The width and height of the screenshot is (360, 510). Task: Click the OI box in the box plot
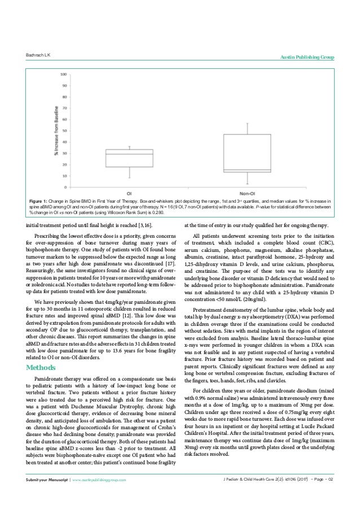(x=122, y=158)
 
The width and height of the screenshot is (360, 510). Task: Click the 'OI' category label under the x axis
(x=122, y=192)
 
